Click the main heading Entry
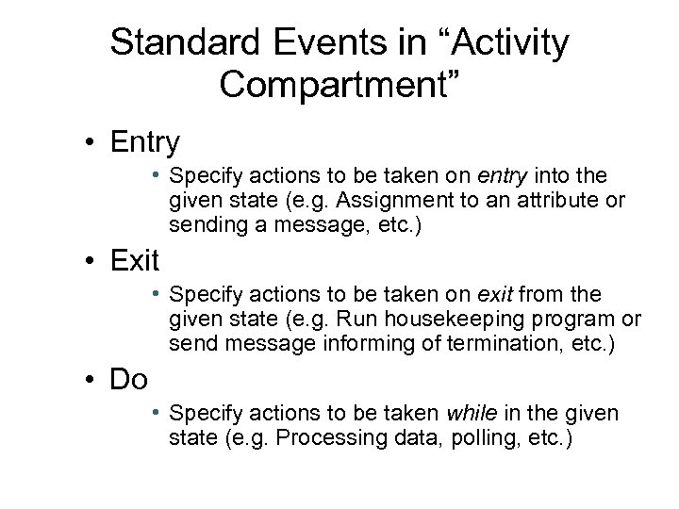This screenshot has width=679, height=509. (x=143, y=142)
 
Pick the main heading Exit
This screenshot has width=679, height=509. (x=135, y=257)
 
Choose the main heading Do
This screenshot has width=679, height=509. (x=130, y=379)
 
